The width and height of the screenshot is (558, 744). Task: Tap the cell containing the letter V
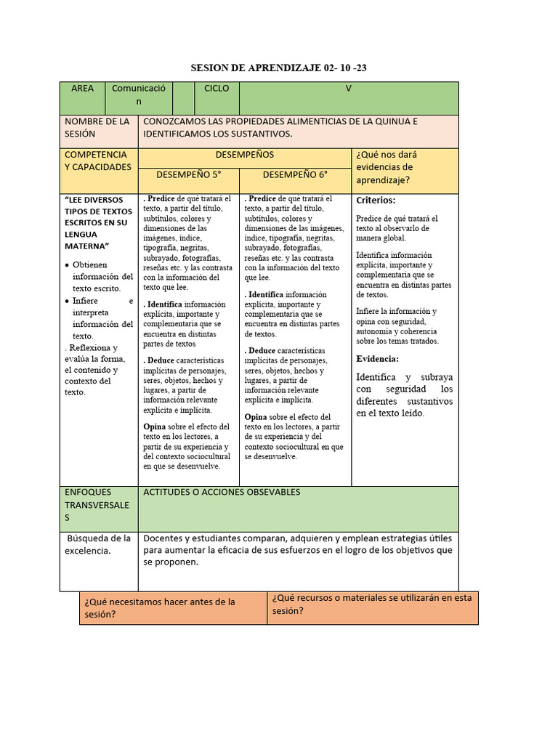click(x=348, y=89)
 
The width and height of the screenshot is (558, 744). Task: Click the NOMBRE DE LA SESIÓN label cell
click(x=98, y=129)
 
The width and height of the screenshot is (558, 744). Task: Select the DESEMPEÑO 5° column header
click(x=188, y=174)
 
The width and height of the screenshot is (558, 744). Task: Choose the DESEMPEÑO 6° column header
click(x=295, y=174)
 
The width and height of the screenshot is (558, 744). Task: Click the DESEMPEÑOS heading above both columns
click(x=245, y=155)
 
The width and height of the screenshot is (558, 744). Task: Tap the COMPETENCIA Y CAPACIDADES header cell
click(x=98, y=161)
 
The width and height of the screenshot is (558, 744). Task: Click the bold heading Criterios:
click(x=376, y=201)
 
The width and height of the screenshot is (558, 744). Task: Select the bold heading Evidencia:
click(x=378, y=359)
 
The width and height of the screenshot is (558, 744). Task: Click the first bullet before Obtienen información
click(x=68, y=265)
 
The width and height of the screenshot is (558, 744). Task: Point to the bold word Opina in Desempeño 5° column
click(x=155, y=426)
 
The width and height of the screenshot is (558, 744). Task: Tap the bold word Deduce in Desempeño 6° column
click(x=262, y=351)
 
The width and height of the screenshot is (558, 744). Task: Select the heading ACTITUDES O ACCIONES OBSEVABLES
click(x=222, y=493)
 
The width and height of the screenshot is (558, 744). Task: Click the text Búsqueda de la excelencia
click(x=98, y=545)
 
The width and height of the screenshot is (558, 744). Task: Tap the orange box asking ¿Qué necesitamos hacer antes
click(x=173, y=607)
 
